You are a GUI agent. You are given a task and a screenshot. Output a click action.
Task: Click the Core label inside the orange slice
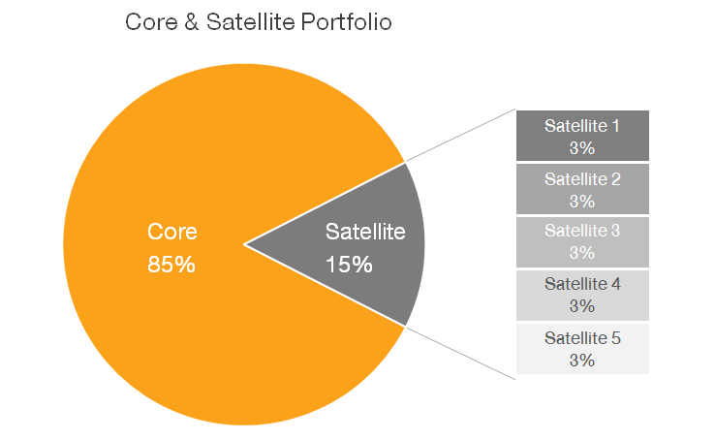pyautogui.click(x=171, y=233)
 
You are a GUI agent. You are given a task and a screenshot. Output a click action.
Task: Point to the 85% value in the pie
pyautogui.click(x=171, y=264)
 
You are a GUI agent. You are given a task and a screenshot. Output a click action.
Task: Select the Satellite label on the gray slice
pyautogui.click(x=364, y=233)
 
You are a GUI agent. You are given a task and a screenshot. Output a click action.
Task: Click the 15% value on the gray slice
pyautogui.click(x=349, y=264)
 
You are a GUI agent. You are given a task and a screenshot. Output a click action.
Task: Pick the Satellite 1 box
pyautogui.click(x=581, y=136)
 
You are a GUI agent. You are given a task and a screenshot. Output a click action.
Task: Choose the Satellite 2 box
pyautogui.click(x=581, y=189)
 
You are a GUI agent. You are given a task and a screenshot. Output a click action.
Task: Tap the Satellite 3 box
pyautogui.click(x=581, y=241)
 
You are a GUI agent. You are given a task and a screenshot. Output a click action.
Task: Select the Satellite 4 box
pyautogui.click(x=581, y=295)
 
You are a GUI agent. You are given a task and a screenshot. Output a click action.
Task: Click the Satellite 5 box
pyautogui.click(x=581, y=348)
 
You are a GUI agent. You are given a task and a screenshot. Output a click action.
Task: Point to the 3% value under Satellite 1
pyautogui.click(x=581, y=148)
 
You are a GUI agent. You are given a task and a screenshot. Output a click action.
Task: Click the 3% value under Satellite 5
pyautogui.click(x=581, y=360)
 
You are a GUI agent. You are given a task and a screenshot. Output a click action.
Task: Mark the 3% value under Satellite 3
pyautogui.click(x=581, y=253)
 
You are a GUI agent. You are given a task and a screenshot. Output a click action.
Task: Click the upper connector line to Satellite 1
pyautogui.click(x=460, y=136)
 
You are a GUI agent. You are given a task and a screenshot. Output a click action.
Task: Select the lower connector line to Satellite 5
pyautogui.click(x=460, y=350)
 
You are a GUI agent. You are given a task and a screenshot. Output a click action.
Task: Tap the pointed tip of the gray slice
pyautogui.click(x=247, y=244)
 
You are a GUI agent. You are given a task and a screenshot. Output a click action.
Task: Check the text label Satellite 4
pyautogui.click(x=581, y=284)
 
